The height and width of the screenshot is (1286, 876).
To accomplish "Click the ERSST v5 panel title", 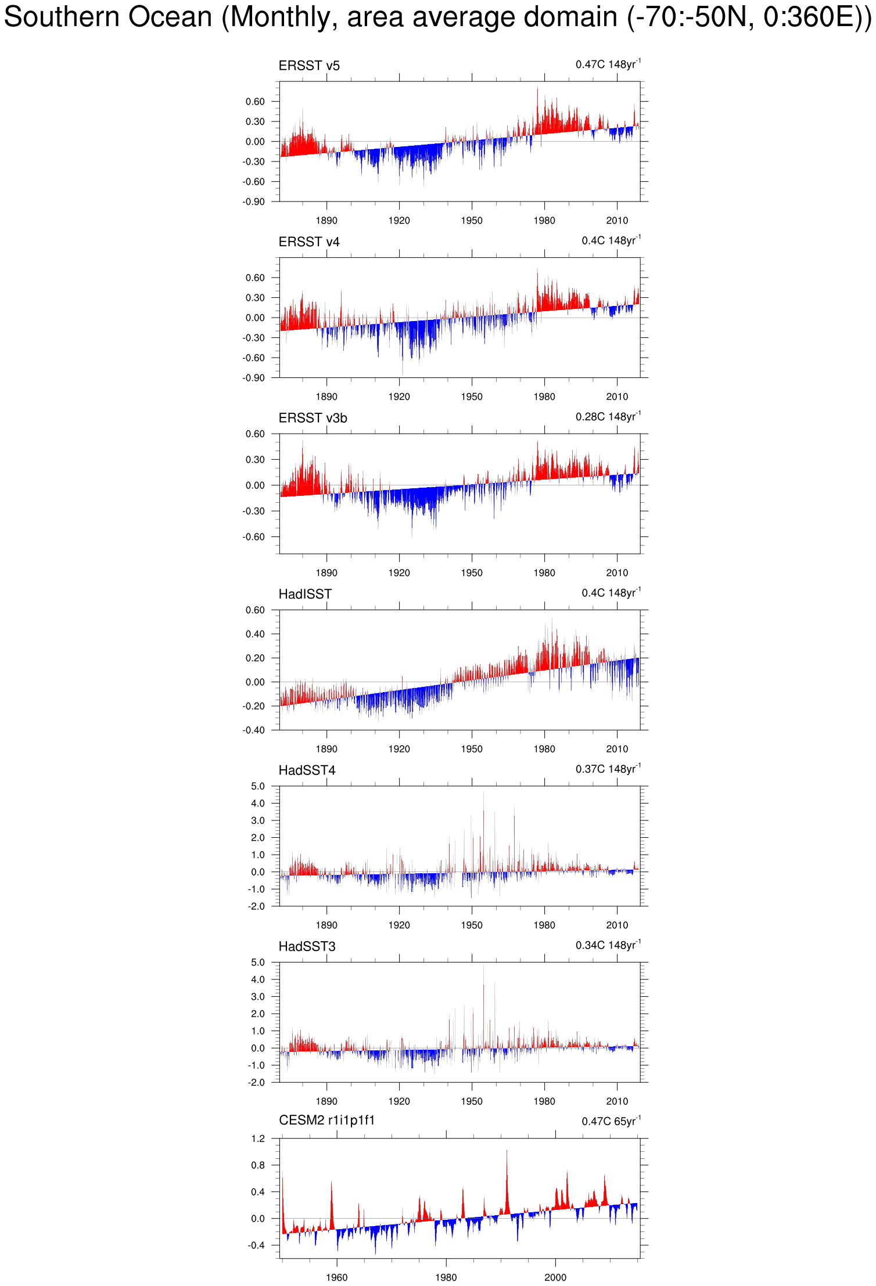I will point(309,66).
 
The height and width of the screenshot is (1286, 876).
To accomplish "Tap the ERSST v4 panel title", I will point(309,242).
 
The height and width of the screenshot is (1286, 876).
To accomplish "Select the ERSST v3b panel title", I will point(313,418).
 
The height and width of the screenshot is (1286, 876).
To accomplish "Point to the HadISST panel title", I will point(305,594).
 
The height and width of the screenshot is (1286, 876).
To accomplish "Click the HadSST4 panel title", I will point(307,770).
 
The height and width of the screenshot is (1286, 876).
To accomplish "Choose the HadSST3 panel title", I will point(307,946).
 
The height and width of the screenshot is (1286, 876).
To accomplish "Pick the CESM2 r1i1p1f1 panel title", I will point(326,1120).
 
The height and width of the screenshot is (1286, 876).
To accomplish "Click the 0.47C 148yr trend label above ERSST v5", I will point(608,64).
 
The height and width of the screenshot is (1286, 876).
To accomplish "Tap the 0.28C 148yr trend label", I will point(608,416).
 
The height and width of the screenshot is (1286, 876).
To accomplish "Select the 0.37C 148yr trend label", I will point(608,769).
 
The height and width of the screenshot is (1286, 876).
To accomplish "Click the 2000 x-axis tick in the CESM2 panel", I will point(555,1277).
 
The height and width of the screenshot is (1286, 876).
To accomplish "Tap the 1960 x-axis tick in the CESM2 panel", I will point(336,1277).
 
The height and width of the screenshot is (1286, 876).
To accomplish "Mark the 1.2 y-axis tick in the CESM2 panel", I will point(258,1139).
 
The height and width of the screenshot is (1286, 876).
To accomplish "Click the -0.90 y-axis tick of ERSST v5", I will point(254,201).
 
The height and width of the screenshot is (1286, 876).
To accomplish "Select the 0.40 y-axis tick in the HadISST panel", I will point(255,634).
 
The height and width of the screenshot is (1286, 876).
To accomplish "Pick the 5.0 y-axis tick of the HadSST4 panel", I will point(258,786).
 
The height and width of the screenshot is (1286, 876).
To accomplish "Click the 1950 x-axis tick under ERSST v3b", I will point(472,573).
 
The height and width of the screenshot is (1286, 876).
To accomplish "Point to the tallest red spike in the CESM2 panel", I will point(507,1151).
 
